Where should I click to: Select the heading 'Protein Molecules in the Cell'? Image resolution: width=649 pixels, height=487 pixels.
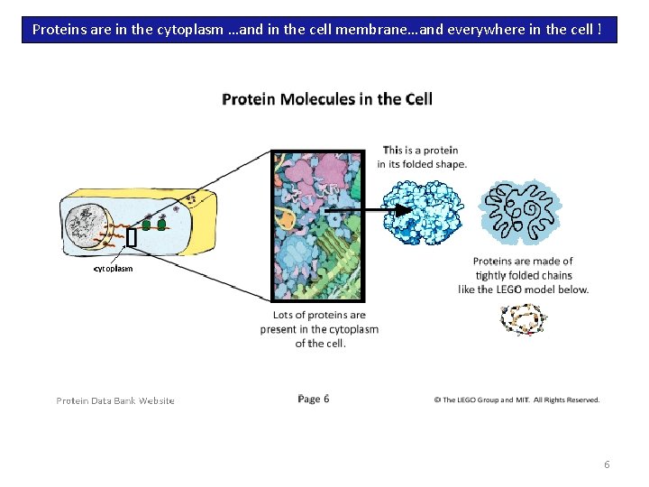(x=327, y=98)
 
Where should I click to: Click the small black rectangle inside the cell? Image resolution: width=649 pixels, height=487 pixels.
(x=132, y=238)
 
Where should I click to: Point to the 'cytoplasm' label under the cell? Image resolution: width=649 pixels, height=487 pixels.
(x=114, y=269)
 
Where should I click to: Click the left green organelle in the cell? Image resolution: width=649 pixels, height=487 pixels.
(x=147, y=224)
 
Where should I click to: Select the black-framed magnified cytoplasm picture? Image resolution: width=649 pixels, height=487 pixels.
(x=319, y=225)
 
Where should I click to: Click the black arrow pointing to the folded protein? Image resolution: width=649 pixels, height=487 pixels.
(x=361, y=209)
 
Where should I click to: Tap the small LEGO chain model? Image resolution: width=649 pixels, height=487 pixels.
(x=523, y=319)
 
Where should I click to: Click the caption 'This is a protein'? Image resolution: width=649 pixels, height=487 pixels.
(x=420, y=151)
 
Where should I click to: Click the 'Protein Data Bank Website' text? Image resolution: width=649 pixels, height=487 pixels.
(x=115, y=400)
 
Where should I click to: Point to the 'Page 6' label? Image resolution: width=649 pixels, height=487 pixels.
(x=313, y=399)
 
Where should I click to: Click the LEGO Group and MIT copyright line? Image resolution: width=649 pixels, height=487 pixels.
(x=516, y=400)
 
